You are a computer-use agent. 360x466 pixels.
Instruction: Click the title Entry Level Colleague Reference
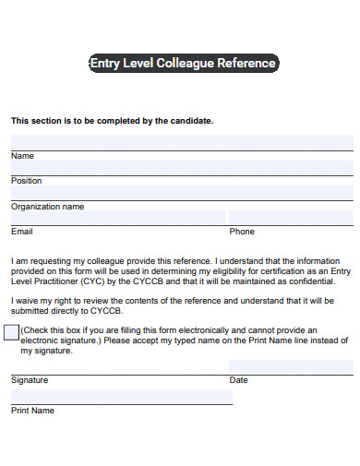pyautogui.click(x=182, y=64)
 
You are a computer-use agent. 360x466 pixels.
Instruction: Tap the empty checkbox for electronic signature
pyautogui.click(x=11, y=332)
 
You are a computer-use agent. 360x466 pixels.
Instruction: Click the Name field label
pyautogui.click(x=22, y=156)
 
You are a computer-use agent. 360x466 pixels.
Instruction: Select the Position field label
pyautogui.click(x=27, y=181)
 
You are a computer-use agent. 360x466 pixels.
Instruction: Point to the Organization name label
pyautogui.click(x=47, y=207)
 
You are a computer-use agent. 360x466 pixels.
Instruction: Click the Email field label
pyautogui.click(x=22, y=232)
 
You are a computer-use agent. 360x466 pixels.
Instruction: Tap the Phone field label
pyautogui.click(x=242, y=232)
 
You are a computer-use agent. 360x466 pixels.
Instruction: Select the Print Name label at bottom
pyautogui.click(x=32, y=411)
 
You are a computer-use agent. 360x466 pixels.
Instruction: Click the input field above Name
pyautogui.click(x=182, y=142)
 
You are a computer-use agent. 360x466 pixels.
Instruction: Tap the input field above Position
pyautogui.click(x=182, y=168)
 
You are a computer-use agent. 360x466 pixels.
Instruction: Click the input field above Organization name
pyautogui.click(x=182, y=193)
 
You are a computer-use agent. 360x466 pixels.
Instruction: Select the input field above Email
pyautogui.click(x=117, y=218)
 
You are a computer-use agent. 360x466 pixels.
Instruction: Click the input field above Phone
pyautogui.click(x=291, y=218)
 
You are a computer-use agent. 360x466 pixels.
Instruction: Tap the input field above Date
pyautogui.click(x=291, y=366)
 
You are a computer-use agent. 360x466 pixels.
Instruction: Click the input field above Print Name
pyautogui.click(x=121, y=397)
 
